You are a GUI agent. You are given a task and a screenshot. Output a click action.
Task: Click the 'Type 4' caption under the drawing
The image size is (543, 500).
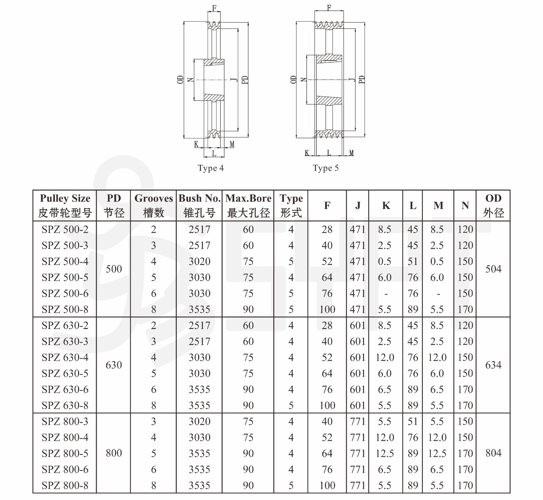point(211,168)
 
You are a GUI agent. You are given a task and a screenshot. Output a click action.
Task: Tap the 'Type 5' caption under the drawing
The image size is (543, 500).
point(326,168)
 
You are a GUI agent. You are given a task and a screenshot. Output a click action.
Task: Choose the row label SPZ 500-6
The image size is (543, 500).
point(65,293)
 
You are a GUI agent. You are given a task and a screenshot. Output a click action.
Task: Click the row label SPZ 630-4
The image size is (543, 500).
point(65,358)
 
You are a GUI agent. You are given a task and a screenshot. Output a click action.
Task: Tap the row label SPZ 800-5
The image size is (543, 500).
point(65,454)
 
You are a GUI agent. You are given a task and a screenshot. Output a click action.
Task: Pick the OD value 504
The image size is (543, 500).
point(493,269)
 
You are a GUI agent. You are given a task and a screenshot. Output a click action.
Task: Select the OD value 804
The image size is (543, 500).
point(493,453)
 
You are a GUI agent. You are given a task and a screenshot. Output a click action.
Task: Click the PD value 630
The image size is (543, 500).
point(114,365)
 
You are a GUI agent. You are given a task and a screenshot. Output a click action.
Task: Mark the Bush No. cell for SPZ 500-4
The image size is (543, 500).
point(200,262)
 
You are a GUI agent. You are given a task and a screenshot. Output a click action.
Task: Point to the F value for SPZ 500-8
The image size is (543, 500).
point(327,309)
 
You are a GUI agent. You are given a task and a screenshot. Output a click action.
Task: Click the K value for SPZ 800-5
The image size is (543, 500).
point(385,454)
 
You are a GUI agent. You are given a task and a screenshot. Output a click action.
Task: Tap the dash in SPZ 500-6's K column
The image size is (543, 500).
point(386,294)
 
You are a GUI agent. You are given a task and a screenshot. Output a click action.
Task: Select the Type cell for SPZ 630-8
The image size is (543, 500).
point(291,405)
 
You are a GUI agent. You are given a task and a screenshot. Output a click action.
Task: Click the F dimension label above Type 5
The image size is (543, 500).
point(329,7)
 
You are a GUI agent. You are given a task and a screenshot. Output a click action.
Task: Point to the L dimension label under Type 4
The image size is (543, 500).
point(214,154)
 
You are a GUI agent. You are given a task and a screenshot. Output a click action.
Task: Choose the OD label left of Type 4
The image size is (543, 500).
point(180,80)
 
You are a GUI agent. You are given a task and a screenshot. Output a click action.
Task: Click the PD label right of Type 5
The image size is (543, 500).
point(362,80)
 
